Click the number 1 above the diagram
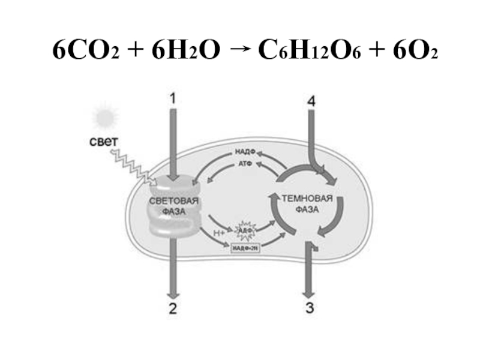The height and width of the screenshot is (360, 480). (173, 98)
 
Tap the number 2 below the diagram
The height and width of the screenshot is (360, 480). (173, 310)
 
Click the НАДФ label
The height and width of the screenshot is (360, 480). (243, 152)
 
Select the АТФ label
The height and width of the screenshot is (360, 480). (243, 164)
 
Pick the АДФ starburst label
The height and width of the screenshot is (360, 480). (245, 229)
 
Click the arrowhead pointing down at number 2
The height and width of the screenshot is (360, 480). (173, 294)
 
